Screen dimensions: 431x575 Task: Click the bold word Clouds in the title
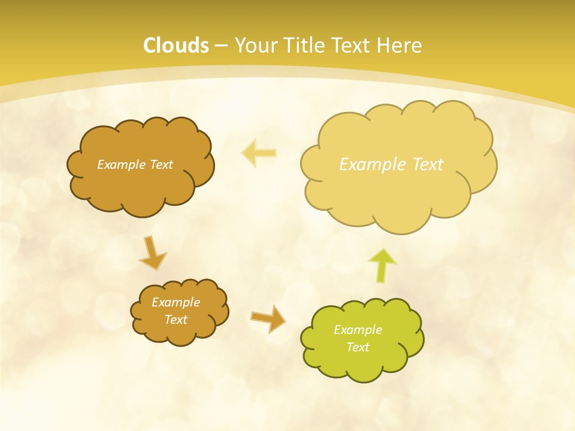176,45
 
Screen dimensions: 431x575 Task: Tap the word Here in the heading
400,45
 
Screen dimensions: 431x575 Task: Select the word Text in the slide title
352,45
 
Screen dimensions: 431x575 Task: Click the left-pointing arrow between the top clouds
259,153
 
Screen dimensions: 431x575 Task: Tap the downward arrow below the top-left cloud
153,252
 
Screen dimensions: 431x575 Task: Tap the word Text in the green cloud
358,347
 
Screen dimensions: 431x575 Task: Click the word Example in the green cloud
358,330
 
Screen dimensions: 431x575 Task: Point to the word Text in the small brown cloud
176,320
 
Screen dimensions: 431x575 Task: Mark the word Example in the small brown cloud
176,302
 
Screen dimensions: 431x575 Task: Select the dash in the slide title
221,45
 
